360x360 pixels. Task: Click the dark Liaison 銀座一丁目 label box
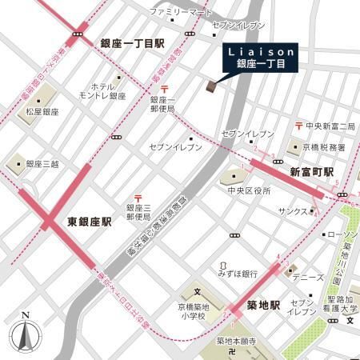tap(258, 58)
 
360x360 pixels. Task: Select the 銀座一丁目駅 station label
tap(132, 44)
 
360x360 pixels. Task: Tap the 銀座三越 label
tap(44, 164)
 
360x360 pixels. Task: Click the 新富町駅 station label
tap(312, 173)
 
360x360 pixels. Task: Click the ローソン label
tap(338, 234)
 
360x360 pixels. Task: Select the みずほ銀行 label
tap(238, 274)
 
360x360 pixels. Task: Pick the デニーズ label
tap(310, 278)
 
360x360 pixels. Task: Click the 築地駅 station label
tap(263, 306)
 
